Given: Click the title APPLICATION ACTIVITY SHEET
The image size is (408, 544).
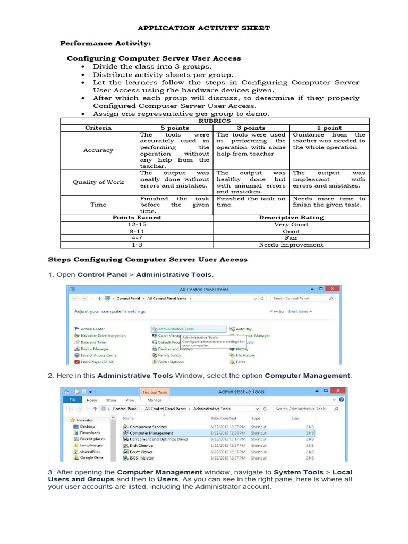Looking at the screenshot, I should click(203, 28).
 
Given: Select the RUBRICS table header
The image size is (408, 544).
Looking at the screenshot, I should click(213, 121).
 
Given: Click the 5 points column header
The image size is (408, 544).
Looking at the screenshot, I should click(175, 127).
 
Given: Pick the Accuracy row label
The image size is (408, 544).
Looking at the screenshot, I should click(98, 150).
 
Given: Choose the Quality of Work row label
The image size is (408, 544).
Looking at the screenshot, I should click(98, 182).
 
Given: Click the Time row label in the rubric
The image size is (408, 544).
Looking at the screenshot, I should click(98, 205).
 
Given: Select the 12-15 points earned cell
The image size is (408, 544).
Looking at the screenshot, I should click(137, 224).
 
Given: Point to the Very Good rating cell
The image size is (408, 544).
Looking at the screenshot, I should click(291, 224).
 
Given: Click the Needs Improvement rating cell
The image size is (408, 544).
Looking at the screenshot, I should click(291, 245).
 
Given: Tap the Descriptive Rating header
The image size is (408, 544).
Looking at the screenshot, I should click(291, 217).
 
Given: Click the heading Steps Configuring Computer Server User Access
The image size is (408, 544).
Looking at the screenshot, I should click(148, 260).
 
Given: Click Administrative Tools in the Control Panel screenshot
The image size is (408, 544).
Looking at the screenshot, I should click(176, 329).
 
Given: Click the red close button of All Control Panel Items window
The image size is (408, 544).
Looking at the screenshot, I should click(332, 289).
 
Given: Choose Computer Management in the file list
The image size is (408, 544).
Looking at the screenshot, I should click(151, 433).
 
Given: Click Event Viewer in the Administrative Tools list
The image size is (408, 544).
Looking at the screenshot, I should click(141, 452).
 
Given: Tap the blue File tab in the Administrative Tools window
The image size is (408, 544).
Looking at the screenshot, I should click(73, 399).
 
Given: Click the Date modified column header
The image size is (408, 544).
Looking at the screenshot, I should click(223, 418).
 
